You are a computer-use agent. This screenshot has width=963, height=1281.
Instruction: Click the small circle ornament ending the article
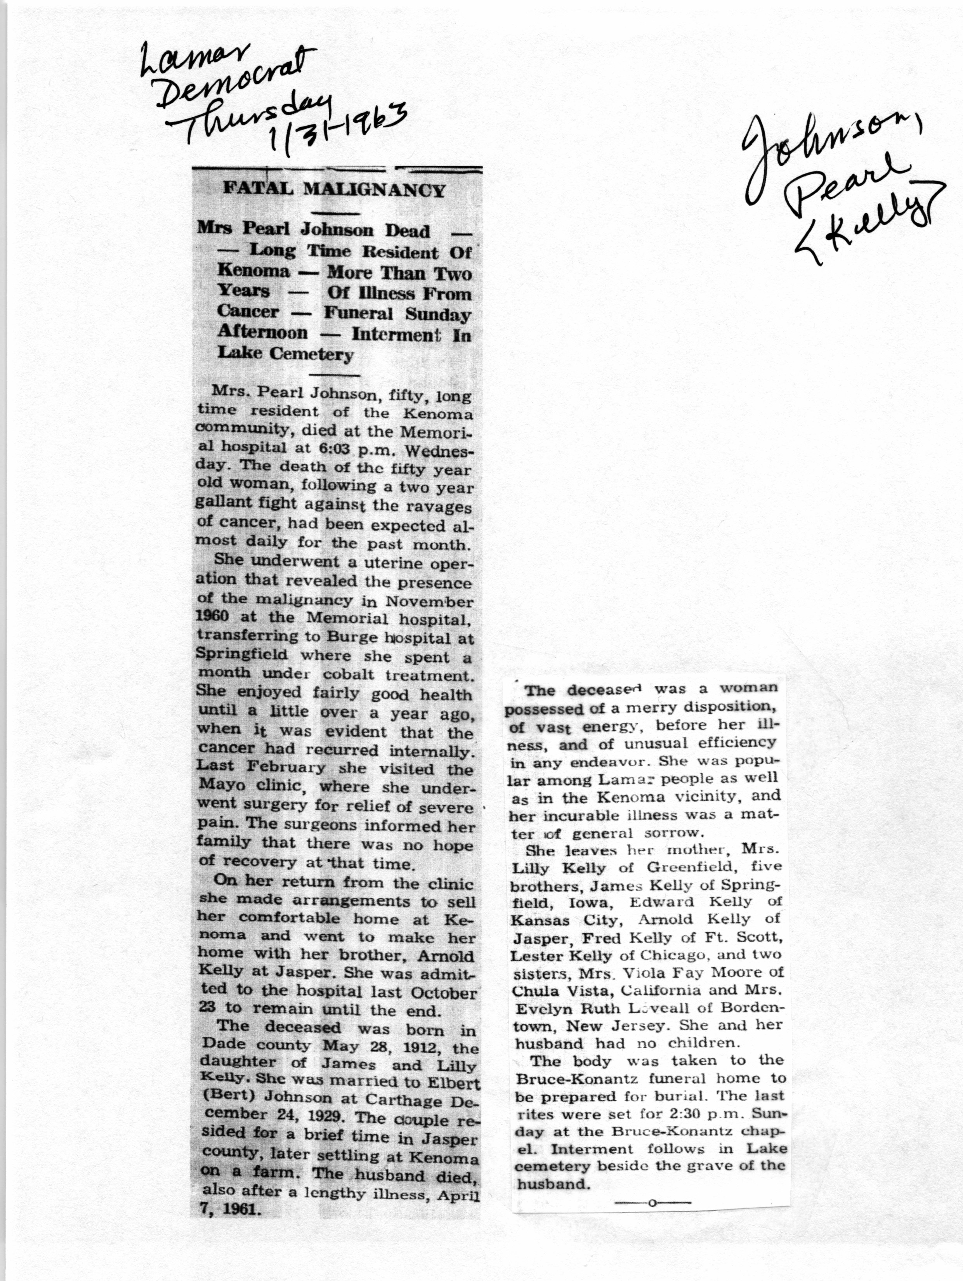point(652,1202)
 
